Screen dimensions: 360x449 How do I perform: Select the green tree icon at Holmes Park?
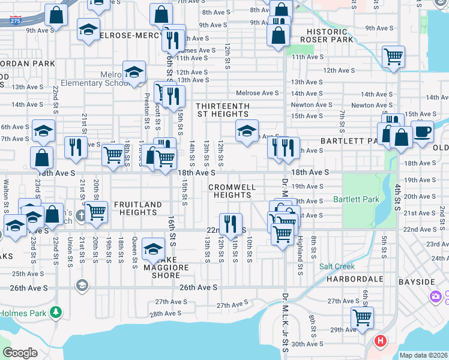[56, 312]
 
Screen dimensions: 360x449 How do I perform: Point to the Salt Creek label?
[337, 266]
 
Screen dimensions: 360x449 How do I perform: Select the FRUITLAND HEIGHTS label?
[138, 208]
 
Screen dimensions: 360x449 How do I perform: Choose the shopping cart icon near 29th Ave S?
[362, 317]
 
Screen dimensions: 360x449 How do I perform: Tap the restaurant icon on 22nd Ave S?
[231, 224]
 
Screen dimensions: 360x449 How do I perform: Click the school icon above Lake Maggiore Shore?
[154, 248]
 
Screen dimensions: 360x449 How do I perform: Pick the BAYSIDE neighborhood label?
[418, 281]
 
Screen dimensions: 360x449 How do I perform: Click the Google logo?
[20, 353]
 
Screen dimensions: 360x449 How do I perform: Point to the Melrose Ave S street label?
[258, 93]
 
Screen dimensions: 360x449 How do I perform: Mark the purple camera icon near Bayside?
[435, 296]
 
